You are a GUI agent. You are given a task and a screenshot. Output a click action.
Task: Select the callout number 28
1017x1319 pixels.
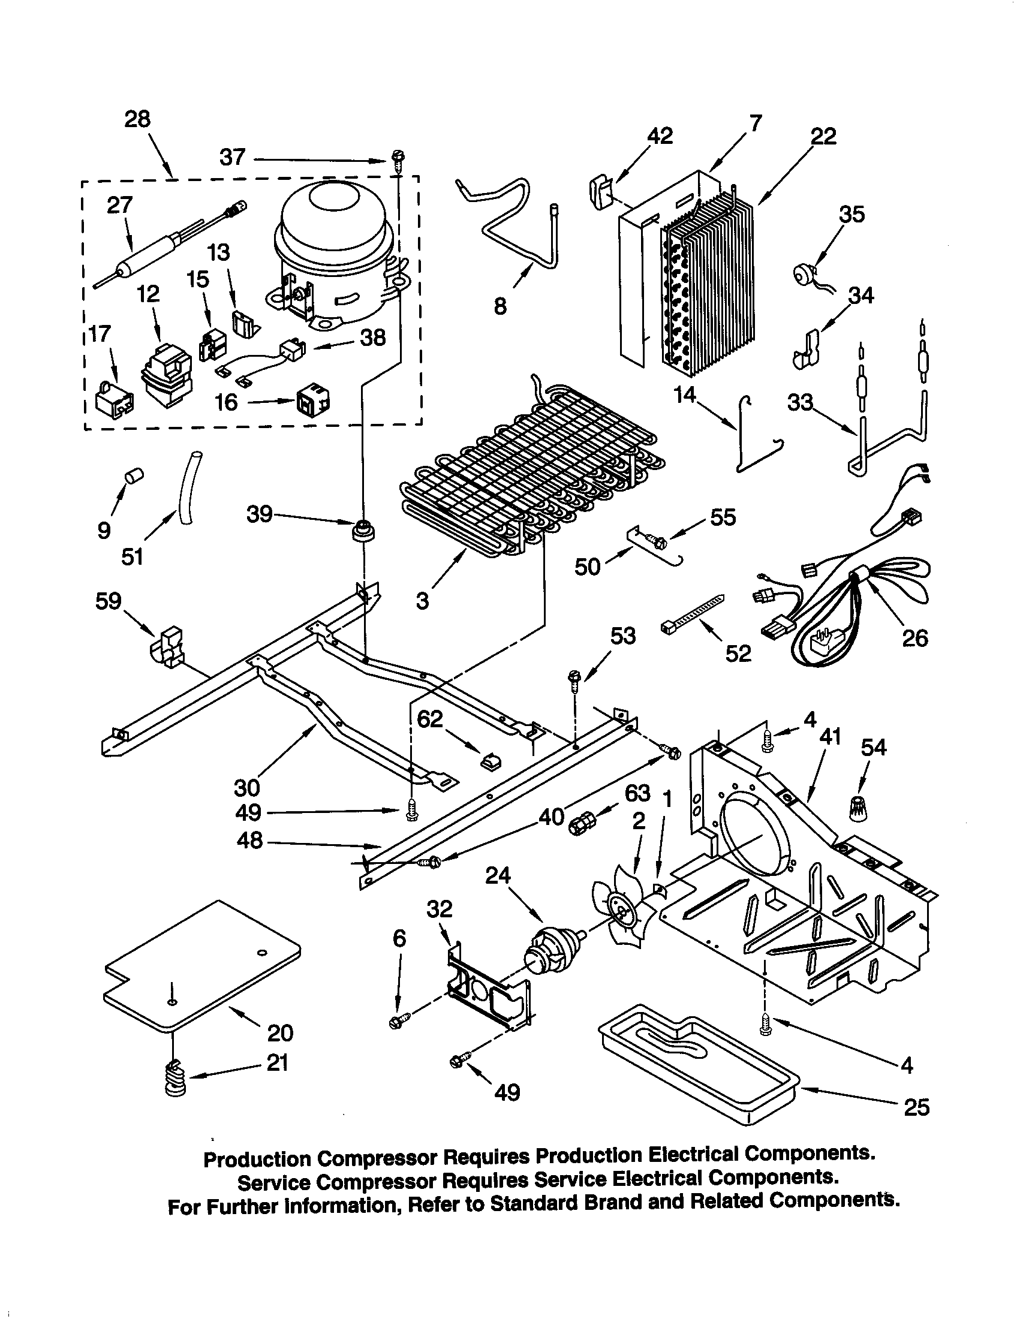pyautogui.click(x=137, y=119)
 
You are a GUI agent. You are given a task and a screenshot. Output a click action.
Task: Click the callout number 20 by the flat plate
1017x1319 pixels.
pyautogui.click(x=280, y=1033)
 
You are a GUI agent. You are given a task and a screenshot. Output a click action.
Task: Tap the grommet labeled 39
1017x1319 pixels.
pyautogui.click(x=363, y=530)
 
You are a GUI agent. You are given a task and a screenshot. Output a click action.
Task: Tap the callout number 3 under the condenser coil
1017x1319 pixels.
pyautogui.click(x=423, y=601)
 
